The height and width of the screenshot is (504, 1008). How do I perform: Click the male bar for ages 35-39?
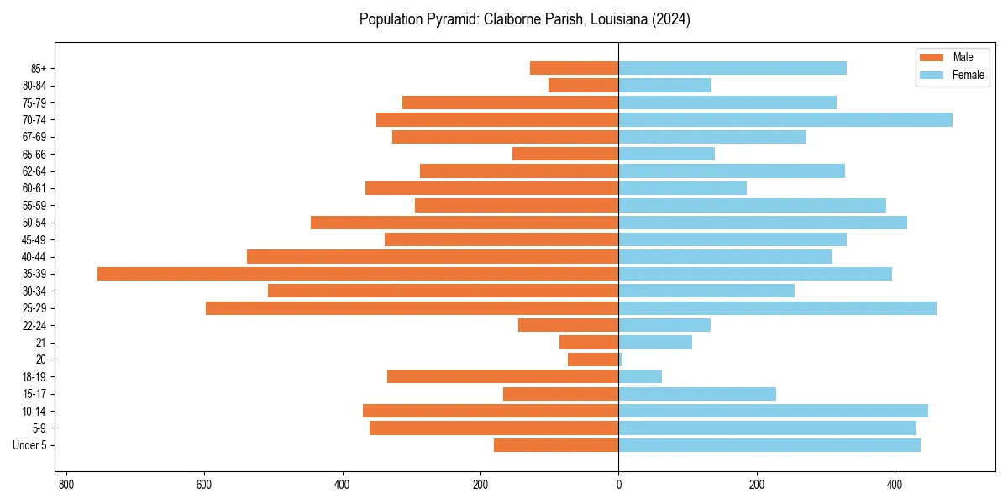tap(358, 274)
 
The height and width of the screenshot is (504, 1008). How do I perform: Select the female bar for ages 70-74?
tap(785, 119)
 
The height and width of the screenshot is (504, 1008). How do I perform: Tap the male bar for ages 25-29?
tap(412, 308)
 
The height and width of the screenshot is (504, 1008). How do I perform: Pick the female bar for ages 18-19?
tap(640, 376)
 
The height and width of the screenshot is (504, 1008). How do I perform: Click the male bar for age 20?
tap(593, 360)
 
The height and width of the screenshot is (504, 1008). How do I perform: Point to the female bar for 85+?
tap(732, 68)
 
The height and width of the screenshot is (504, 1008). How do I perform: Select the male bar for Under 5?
tap(556, 445)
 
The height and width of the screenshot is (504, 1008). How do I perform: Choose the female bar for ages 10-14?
tap(773, 411)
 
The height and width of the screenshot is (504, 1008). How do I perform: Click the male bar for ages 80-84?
tap(583, 85)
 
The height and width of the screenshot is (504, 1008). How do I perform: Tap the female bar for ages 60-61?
tap(682, 188)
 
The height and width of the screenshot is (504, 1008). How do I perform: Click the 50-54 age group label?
tap(34, 223)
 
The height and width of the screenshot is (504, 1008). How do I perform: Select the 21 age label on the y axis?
tap(41, 343)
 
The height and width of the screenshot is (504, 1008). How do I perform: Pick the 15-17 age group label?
tap(34, 394)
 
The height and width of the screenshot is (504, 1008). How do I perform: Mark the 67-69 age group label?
tap(34, 137)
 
